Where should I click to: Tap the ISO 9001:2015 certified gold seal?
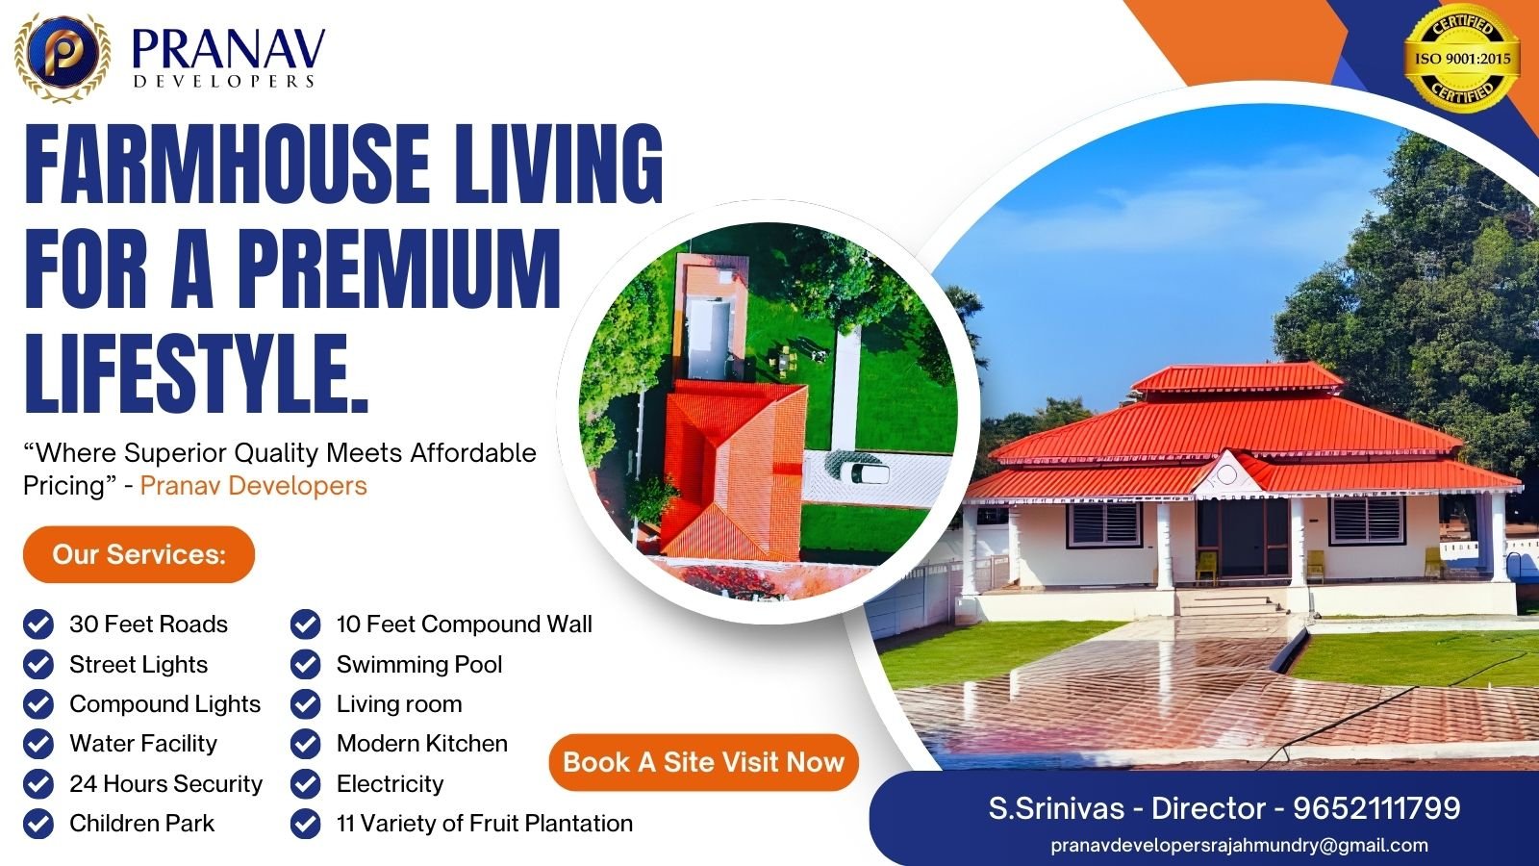[x=1461, y=59]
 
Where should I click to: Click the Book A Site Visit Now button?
[x=703, y=762]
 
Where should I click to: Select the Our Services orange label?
[x=139, y=554]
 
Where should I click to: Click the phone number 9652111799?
[x=1376, y=808]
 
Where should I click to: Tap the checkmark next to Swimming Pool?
[x=305, y=665]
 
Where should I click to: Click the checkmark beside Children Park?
[x=38, y=824]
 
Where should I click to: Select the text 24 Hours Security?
[x=165, y=783]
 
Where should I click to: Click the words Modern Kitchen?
[x=422, y=744]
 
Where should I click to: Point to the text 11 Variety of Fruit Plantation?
[x=485, y=824]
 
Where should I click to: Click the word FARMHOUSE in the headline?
[x=227, y=165]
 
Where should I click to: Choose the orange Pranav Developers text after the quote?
[x=254, y=486]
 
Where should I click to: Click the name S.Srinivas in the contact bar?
[x=1056, y=808]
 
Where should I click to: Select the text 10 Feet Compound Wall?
[x=464, y=624]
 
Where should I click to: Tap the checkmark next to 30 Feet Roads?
[x=38, y=624]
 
